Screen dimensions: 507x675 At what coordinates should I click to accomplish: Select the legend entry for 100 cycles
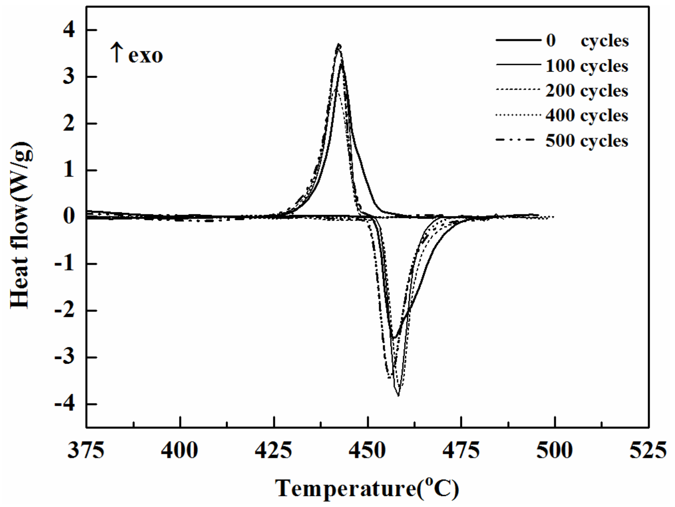tap(587, 66)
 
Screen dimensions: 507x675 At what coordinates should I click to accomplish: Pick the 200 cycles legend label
tap(587, 91)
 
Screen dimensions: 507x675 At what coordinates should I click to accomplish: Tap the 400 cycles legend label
tap(587, 116)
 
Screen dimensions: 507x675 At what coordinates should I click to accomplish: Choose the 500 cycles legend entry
tap(587, 141)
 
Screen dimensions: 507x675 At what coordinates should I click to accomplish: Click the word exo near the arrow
tap(146, 56)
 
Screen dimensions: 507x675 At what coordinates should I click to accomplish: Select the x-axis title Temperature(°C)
tap(367, 488)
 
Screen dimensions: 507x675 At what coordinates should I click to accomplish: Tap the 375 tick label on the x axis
tap(86, 450)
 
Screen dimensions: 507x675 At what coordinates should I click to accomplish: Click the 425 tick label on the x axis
tap(274, 450)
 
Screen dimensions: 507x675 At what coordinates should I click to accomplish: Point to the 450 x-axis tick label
tap(367, 450)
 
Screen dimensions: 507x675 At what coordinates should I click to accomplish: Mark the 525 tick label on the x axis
tap(648, 450)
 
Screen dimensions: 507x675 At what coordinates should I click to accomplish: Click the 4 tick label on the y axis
tap(69, 30)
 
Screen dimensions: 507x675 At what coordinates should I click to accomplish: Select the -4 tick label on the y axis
tap(65, 404)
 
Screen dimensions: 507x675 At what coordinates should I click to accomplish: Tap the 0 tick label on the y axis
tap(69, 217)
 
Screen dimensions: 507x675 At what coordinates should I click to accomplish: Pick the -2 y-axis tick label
tap(65, 311)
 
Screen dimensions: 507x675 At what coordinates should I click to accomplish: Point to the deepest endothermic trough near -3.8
tap(398, 396)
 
